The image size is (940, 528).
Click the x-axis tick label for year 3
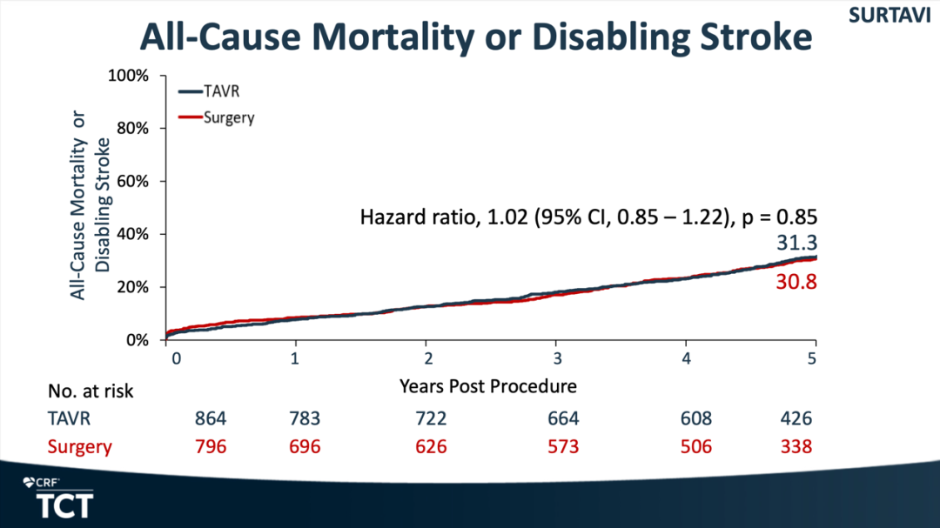pyautogui.click(x=557, y=359)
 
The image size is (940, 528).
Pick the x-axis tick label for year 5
pyautogui.click(x=814, y=359)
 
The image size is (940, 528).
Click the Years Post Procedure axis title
pyautogui.click(x=487, y=384)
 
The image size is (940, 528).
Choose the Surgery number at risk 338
pyautogui.click(x=796, y=447)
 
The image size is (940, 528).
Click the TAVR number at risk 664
pyautogui.click(x=561, y=418)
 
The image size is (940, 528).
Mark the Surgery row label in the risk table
pyautogui.click(x=79, y=447)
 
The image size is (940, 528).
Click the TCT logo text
pyautogui.click(x=64, y=505)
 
